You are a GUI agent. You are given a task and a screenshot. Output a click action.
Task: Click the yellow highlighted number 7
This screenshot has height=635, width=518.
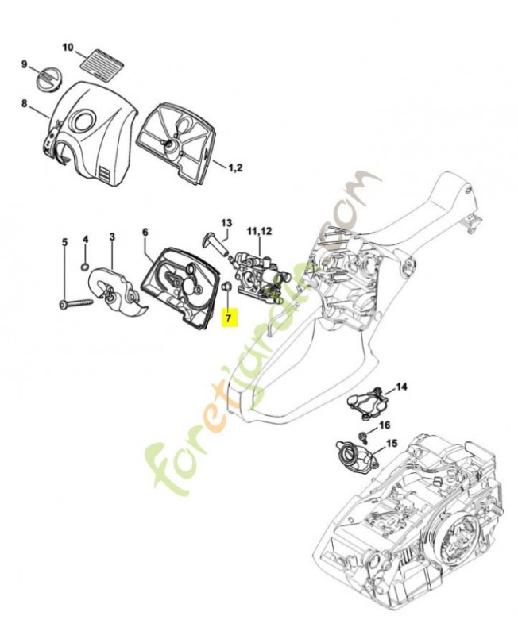click(x=228, y=317)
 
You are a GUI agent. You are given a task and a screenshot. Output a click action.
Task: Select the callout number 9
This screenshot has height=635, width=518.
click(x=24, y=64)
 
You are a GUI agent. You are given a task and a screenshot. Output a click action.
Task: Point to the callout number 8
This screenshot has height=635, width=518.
click(x=24, y=103)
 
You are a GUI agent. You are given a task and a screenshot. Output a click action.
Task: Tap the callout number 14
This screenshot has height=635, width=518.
click(x=401, y=387)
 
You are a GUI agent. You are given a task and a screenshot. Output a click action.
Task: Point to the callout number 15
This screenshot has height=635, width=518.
click(x=392, y=443)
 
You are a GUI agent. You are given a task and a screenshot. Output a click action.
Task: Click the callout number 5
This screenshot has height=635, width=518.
click(x=64, y=241)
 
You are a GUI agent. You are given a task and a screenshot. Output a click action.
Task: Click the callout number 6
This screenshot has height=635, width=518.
click(x=145, y=232)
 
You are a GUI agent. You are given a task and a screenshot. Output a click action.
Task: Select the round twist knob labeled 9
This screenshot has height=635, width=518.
click(x=48, y=80)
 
